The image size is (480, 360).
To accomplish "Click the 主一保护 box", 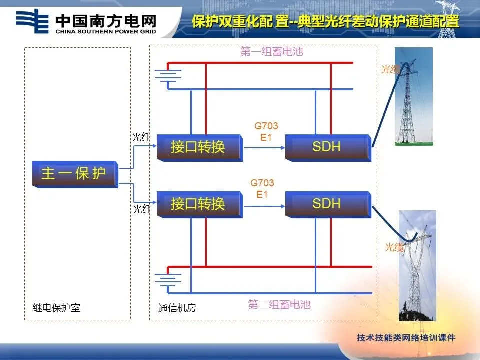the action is (x=75, y=173).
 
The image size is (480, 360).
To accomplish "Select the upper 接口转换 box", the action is (x=199, y=147).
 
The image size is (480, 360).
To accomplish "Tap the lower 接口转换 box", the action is (x=199, y=204).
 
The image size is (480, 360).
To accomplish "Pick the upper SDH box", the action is (x=327, y=147).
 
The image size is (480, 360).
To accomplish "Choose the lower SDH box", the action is (x=327, y=204).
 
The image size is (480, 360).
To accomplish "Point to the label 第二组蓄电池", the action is (x=279, y=304).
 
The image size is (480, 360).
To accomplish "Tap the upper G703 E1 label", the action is (x=266, y=131).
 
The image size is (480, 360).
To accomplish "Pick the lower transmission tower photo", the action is (x=417, y=265).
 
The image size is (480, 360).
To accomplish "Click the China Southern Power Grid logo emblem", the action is (x=32, y=21).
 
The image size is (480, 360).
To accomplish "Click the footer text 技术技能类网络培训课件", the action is (x=406, y=338).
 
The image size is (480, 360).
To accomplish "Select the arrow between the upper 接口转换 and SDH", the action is (x=264, y=148).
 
